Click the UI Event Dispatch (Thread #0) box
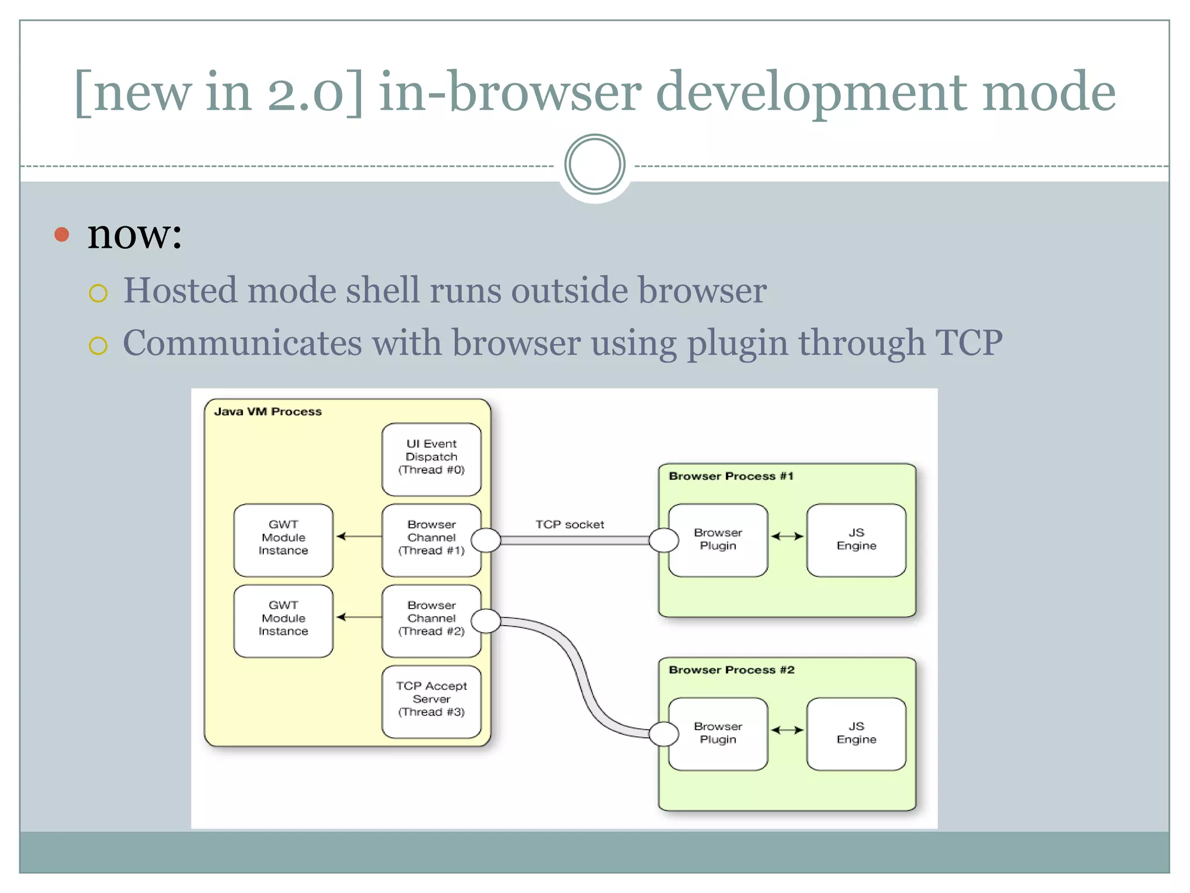click(431, 459)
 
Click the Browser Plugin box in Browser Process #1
click(718, 540)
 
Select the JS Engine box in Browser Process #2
click(856, 734)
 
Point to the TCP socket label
click(569, 524)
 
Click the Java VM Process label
click(267, 412)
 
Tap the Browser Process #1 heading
click(730, 476)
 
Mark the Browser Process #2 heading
click(731, 670)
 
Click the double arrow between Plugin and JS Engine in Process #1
click(787, 536)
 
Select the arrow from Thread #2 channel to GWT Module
click(359, 617)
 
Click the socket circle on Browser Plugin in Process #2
click(664, 734)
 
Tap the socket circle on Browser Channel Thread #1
click(486, 540)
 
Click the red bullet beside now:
click(62, 235)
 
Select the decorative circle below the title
click(594, 165)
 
